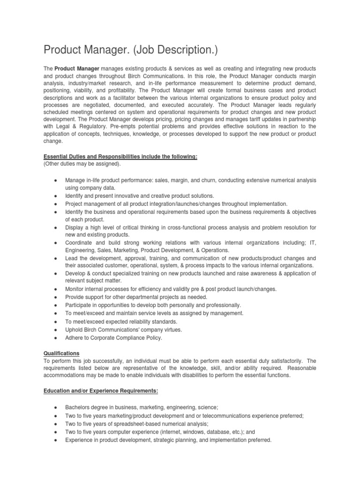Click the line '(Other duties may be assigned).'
(x=82, y=164)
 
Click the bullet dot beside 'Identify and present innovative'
(x=56, y=196)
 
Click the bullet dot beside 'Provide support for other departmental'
(x=56, y=297)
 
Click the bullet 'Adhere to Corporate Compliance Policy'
(x=113, y=337)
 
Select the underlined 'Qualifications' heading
(x=61, y=353)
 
